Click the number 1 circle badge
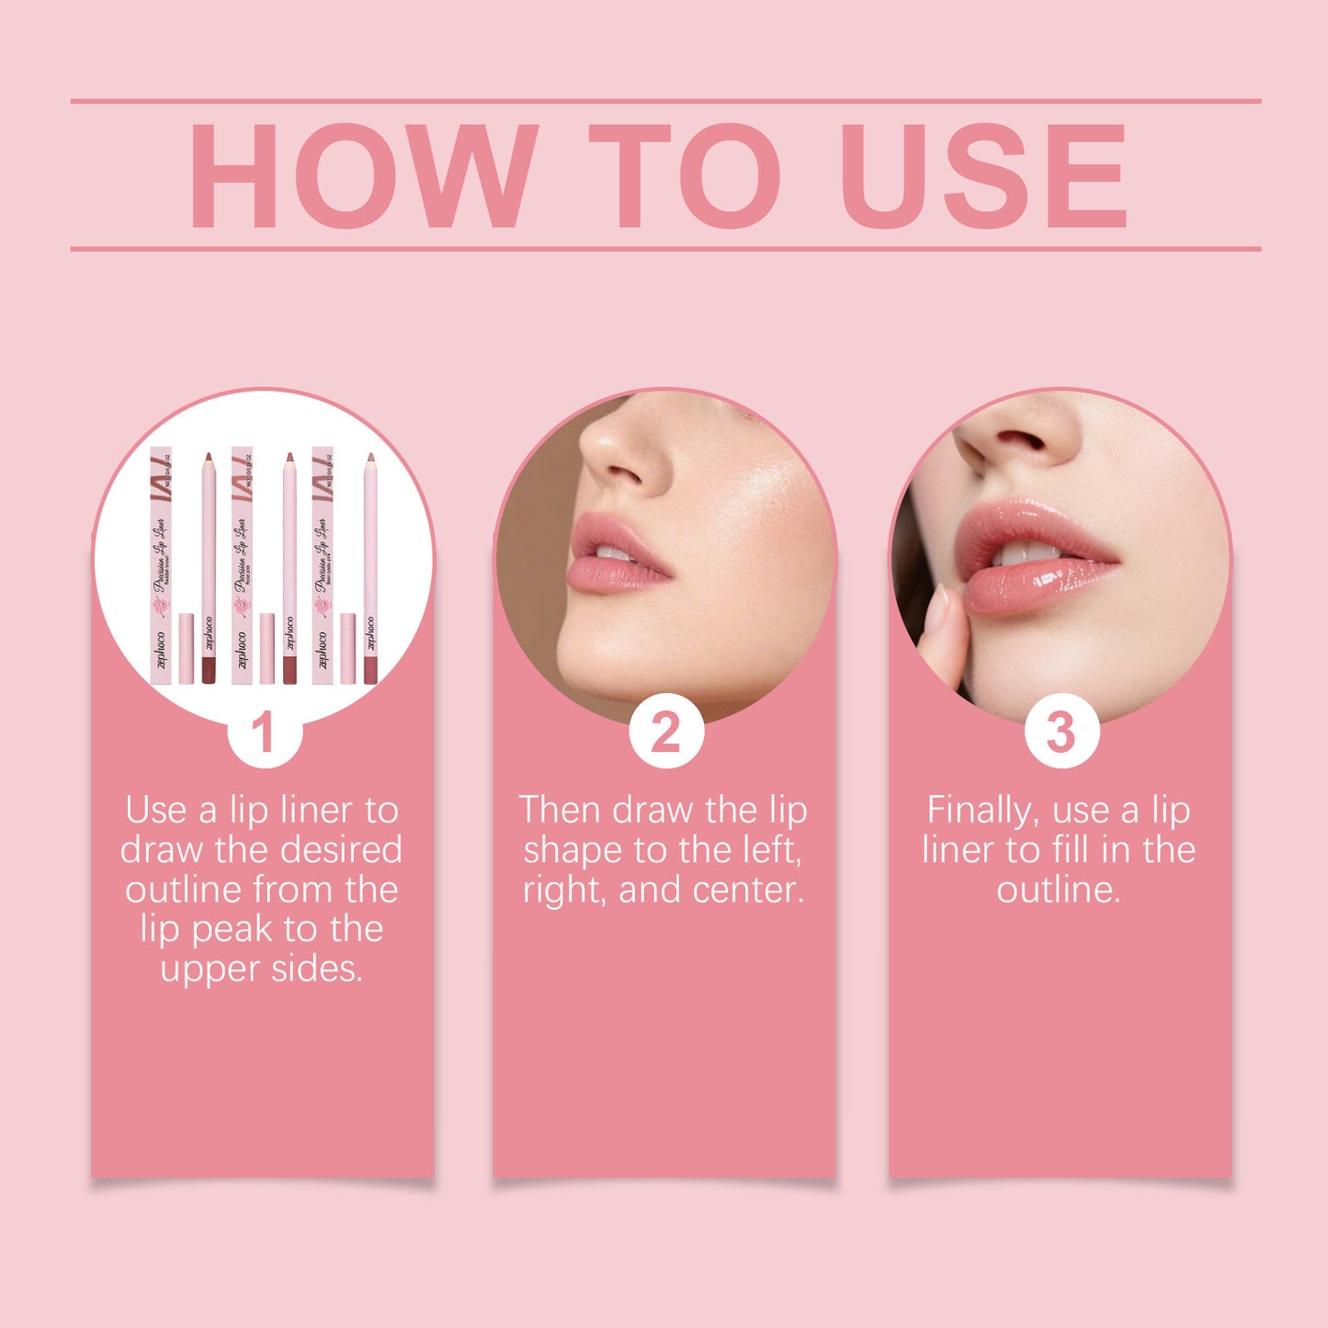point(264,732)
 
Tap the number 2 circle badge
point(666,732)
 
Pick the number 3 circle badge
point(1061,732)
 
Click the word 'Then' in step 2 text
point(560,811)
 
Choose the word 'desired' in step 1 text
point(346,850)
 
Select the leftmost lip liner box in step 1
point(161,565)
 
